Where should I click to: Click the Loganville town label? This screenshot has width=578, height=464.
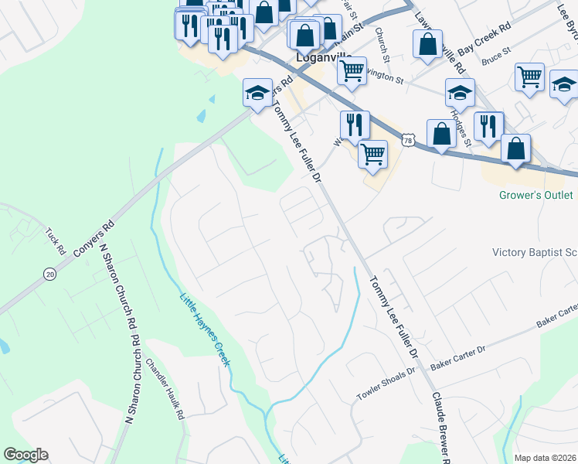(318, 56)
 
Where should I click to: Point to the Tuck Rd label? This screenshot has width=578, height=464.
(54, 241)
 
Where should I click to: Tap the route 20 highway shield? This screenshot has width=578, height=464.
(49, 274)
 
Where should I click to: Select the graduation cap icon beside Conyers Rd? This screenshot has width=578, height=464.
(257, 94)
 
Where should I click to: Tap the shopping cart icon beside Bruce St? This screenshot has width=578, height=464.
(530, 77)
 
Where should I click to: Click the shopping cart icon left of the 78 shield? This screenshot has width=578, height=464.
(373, 154)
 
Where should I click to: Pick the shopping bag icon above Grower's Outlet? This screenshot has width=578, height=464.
(516, 148)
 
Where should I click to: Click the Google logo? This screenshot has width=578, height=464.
(25, 455)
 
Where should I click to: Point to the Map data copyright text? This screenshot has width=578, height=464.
(545, 458)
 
